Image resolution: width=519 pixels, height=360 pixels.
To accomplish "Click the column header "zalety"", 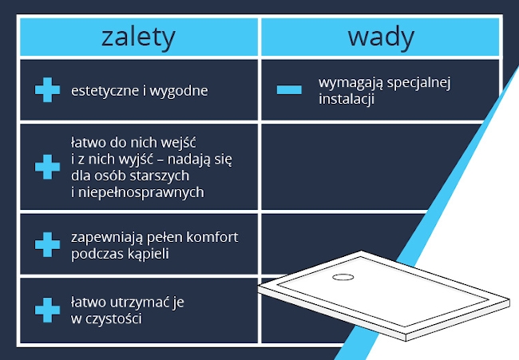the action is coord(138,38).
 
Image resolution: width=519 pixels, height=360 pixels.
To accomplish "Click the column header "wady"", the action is coord(381,38).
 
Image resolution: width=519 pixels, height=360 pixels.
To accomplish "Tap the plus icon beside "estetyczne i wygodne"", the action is coord(47,89).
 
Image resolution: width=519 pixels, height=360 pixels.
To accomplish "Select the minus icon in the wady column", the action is coord(289,89).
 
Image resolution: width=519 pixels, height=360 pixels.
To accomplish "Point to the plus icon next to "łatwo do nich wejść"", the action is coord(47,167).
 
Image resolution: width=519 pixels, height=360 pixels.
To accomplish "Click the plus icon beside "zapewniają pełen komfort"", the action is coord(47,244).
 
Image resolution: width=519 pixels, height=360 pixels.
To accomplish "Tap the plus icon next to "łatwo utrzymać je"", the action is coord(47,310).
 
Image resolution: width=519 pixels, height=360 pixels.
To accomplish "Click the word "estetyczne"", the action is coord(105,90).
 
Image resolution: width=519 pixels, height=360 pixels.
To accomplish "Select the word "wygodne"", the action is coord(179,91).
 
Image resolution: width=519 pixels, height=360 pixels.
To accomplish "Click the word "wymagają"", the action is coord(351,83).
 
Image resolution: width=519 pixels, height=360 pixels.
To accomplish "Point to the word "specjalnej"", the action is coord(418,82).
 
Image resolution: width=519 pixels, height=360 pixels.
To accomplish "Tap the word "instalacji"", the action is coord(347,99).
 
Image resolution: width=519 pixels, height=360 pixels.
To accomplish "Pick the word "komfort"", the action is coord(212,237).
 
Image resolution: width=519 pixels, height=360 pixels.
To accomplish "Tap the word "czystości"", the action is coord(114,318).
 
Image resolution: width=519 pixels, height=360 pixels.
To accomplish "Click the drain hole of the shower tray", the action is coord(343,277).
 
